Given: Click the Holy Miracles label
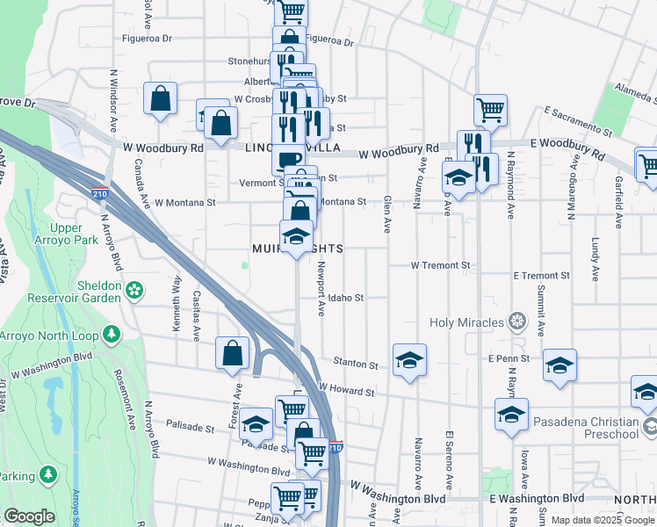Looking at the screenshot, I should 466,322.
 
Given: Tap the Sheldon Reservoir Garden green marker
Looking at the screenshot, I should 134,289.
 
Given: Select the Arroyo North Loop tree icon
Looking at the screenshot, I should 111,334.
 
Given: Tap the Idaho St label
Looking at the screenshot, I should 347,299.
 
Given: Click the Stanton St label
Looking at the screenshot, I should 355,363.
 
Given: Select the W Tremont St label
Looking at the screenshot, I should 441,265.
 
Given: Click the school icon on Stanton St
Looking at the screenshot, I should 408,360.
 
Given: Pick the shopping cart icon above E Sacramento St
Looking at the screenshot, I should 491,111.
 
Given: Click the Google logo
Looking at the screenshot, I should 29,516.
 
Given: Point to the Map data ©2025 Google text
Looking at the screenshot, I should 601,520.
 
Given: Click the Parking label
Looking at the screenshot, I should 18,476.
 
